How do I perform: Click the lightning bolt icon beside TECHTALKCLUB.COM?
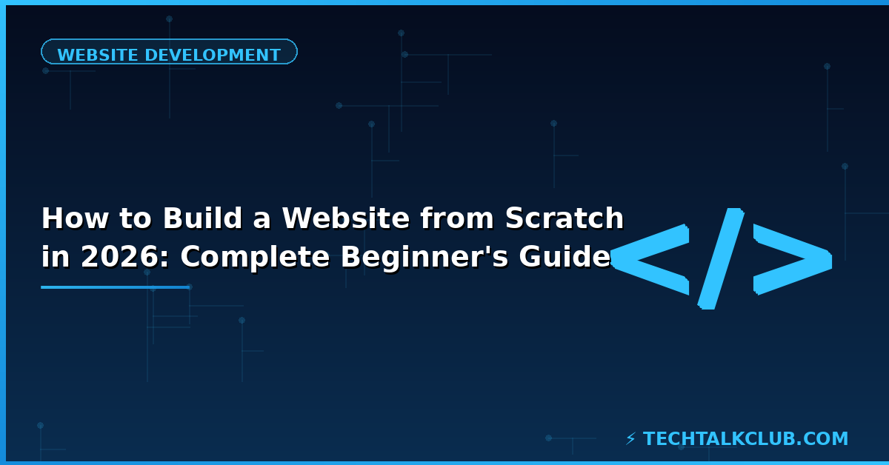(x=630, y=439)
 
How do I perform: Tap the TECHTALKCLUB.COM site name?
(x=745, y=439)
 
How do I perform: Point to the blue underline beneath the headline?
(x=116, y=287)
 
